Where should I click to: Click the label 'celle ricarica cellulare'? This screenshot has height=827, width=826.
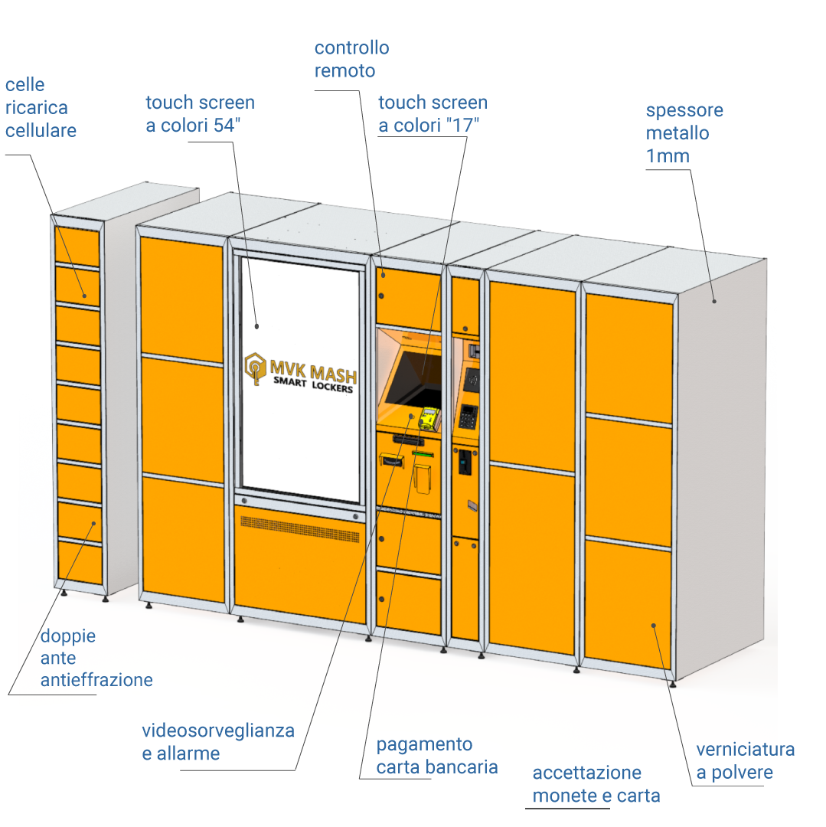tap(41, 108)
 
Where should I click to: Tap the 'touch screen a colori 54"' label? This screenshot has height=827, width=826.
tap(201, 113)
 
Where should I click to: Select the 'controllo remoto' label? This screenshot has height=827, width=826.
tap(351, 59)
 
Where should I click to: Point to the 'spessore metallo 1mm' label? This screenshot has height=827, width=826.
tap(684, 133)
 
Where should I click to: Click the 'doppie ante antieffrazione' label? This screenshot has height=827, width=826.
tap(96, 658)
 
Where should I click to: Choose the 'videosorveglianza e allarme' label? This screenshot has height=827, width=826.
tap(217, 741)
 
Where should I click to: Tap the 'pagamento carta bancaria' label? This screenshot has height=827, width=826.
tap(437, 755)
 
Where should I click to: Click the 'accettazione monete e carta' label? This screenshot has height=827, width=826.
tap(596, 784)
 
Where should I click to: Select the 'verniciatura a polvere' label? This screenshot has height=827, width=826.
tap(746, 760)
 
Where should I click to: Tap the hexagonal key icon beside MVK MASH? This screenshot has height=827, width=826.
tap(256, 368)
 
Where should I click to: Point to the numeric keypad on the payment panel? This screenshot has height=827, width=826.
tap(469, 417)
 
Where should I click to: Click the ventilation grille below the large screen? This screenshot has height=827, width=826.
tap(300, 529)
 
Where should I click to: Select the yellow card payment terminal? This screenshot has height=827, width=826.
tap(429, 419)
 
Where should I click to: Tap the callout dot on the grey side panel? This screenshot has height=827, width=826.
tap(714, 301)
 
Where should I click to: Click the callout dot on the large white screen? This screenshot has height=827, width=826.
tap(256, 326)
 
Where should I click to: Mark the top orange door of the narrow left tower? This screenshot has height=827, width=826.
tap(77, 246)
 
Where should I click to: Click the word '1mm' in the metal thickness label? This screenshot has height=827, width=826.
tap(668, 156)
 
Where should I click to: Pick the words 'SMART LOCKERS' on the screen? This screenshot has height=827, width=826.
tap(313, 384)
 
